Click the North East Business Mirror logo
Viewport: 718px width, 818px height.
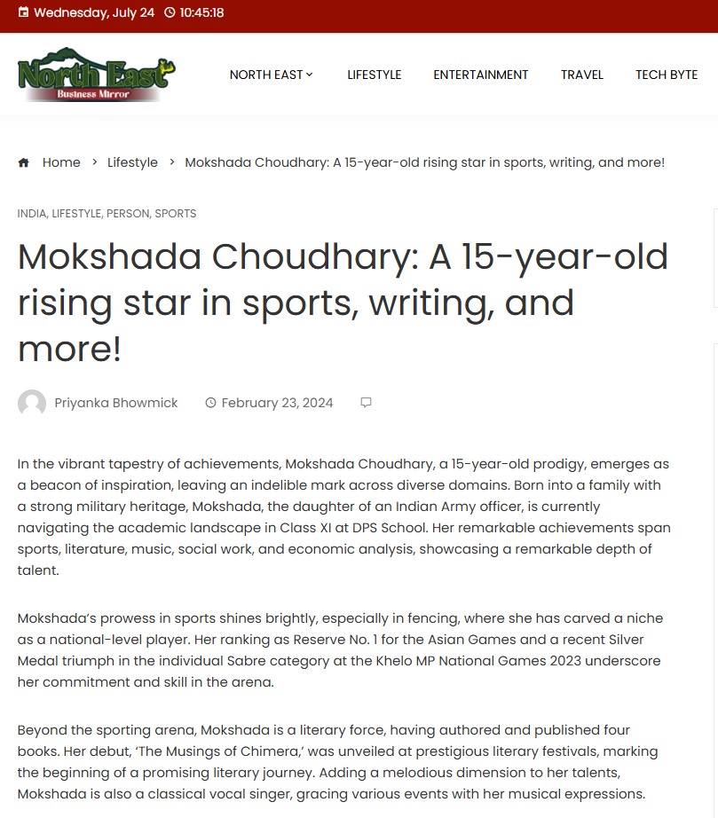96,75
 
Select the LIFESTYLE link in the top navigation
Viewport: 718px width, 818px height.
374,75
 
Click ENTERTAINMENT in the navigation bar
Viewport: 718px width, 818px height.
480,75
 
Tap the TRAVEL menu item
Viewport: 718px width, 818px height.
581,75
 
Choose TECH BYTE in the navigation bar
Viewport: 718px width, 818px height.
666,75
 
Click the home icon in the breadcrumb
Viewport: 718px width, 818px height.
24,162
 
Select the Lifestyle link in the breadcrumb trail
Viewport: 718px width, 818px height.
132,162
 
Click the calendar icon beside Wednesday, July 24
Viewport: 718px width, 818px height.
23,12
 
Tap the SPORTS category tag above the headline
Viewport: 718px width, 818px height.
176,213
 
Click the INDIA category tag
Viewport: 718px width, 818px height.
31,213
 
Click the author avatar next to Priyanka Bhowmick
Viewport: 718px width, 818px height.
32,403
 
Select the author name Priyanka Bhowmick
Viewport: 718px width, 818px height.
116,403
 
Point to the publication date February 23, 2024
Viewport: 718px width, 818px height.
277,403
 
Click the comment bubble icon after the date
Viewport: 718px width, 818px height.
366,403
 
